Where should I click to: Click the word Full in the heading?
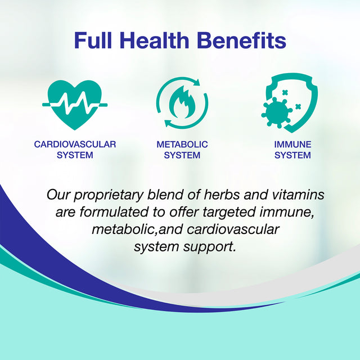tap(96, 41)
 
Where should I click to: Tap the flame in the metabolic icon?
tap(182, 105)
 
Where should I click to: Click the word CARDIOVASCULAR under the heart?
tap(75, 145)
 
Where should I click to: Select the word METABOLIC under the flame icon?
tap(182, 145)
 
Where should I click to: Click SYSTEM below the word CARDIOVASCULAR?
tap(75, 155)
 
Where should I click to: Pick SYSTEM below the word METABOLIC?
tap(182, 155)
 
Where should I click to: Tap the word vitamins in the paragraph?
tap(295, 195)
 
